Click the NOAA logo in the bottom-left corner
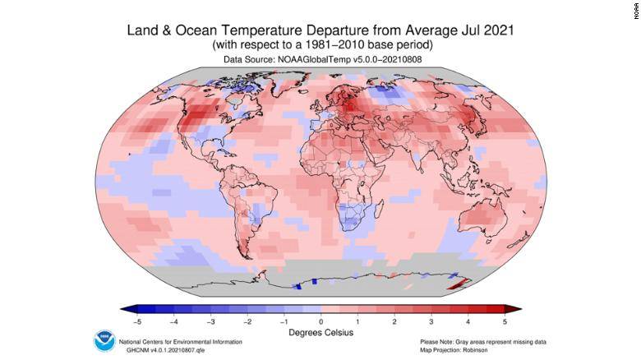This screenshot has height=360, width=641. (104, 340)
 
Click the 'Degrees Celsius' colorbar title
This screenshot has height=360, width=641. (320, 332)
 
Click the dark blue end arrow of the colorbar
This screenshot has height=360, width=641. (126, 309)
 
